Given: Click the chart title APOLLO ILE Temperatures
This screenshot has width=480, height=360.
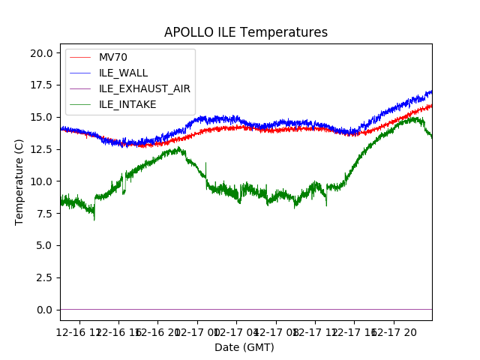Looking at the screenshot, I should click(246, 32).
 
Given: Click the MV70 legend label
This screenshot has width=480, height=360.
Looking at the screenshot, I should click(114, 58).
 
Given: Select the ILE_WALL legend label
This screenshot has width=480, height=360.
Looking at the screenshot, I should click(123, 73).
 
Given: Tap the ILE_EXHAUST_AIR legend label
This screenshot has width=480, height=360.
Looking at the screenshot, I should click(144, 88).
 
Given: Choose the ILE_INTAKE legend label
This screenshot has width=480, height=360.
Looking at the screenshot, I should click(127, 104).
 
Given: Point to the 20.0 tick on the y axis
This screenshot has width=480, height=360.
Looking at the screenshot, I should click(43, 53).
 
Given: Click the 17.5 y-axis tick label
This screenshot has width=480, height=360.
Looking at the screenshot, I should click(43, 85).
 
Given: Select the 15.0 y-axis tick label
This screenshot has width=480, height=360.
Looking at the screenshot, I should click(43, 117).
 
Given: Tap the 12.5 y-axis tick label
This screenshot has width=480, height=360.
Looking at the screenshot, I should click(43, 149).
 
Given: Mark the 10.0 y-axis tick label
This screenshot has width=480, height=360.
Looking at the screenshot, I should click(43, 181).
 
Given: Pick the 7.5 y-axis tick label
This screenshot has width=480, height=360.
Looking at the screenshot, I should click(46, 213).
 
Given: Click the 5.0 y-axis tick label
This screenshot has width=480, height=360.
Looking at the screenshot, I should click(46, 245).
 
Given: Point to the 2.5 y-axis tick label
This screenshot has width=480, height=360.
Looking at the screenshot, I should click(46, 277).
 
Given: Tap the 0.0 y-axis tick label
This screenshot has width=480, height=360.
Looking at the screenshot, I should click(46, 310).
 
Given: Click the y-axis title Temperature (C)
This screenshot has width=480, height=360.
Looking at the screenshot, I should click(19, 181).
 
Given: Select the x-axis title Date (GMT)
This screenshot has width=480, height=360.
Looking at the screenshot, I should click(244, 347).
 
